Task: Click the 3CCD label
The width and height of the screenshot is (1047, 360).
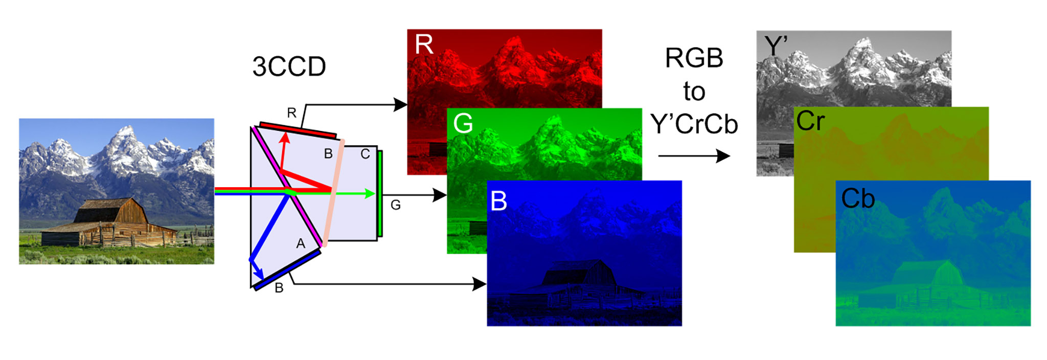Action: (x=289, y=66)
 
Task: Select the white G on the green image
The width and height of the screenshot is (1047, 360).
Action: (x=463, y=123)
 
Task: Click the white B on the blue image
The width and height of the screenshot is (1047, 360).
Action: (x=498, y=200)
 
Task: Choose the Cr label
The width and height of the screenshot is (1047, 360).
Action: (x=810, y=122)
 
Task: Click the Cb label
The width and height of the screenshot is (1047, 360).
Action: (x=857, y=199)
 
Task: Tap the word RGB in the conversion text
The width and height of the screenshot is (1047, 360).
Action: (x=694, y=58)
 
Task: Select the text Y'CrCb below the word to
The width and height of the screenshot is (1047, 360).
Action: (x=694, y=124)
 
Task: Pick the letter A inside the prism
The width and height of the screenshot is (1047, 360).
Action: (x=301, y=244)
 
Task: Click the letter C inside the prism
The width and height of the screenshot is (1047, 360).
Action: (x=365, y=154)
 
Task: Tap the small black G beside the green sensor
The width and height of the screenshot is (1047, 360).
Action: (x=395, y=205)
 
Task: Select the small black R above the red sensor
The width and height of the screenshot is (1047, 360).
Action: (x=291, y=112)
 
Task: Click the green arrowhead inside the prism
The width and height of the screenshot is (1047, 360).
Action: (x=370, y=193)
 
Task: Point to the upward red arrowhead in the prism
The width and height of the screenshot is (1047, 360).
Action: (x=285, y=138)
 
